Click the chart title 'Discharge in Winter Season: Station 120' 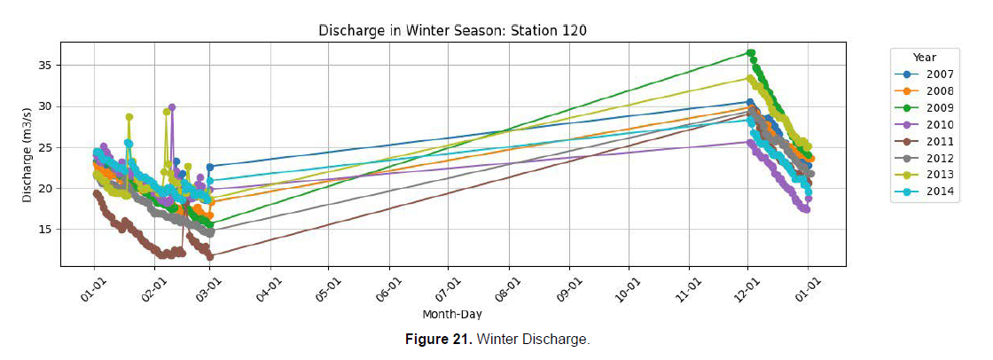[452, 30]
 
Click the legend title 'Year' [924, 58]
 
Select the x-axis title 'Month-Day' [452, 313]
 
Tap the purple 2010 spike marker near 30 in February [172, 107]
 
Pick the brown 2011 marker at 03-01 [210, 256]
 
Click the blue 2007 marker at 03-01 [210, 167]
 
